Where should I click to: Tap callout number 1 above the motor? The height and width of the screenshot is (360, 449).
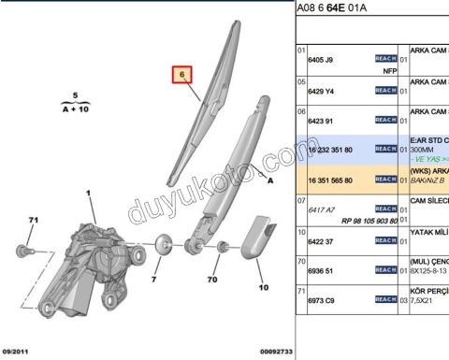[91, 194]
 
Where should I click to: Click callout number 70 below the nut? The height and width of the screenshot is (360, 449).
[213, 279]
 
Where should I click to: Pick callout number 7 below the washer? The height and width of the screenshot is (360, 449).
[155, 278]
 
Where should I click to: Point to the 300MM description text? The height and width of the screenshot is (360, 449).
[424, 149]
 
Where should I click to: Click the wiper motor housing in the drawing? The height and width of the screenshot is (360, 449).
[94, 257]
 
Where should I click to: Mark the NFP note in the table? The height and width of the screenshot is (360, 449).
[378, 68]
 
